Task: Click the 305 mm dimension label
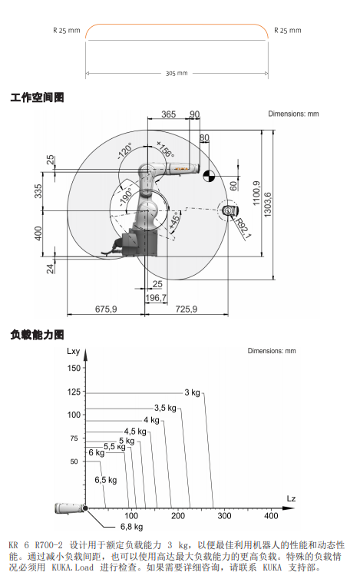[x=177, y=73]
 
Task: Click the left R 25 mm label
[x=67, y=30]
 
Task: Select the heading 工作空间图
[x=38, y=98]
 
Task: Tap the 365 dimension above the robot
[x=168, y=114]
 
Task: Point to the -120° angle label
[x=125, y=151]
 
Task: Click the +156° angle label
[x=165, y=149]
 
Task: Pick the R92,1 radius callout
[x=243, y=229]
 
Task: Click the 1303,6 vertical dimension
[x=268, y=204]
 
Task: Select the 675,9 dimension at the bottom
[x=106, y=309]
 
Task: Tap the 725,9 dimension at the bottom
[x=186, y=309]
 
